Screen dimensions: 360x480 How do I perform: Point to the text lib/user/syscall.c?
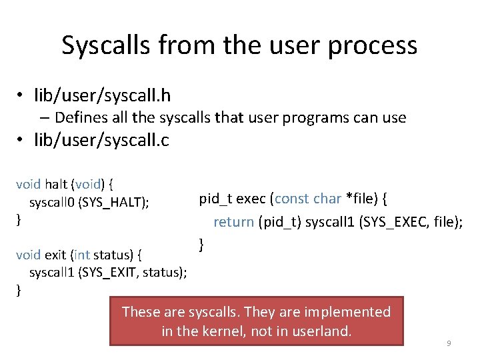(102, 141)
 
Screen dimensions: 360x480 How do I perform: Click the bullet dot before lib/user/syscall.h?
(21, 97)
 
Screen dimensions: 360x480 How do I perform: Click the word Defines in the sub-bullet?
(81, 118)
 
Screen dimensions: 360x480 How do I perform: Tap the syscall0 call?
(51, 202)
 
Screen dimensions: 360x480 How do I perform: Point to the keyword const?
(293, 199)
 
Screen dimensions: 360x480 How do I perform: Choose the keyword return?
(233, 222)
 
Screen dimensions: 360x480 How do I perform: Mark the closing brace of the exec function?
(201, 244)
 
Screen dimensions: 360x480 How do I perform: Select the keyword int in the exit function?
(81, 255)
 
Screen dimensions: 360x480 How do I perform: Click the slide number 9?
(449, 343)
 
